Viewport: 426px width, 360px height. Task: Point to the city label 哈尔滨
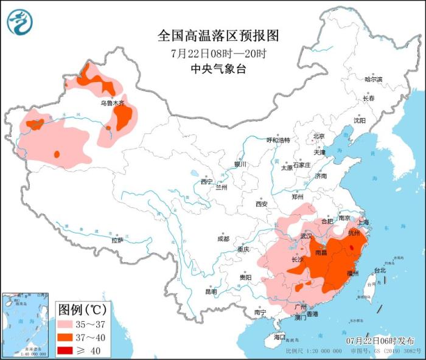click(x=373, y=80)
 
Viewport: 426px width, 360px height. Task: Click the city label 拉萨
click(x=117, y=240)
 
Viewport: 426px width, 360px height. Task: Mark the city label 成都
click(x=222, y=239)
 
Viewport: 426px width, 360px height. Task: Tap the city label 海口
click(x=279, y=336)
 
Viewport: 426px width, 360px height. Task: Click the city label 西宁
click(x=206, y=181)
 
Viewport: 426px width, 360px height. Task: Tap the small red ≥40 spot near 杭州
click(x=352, y=247)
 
